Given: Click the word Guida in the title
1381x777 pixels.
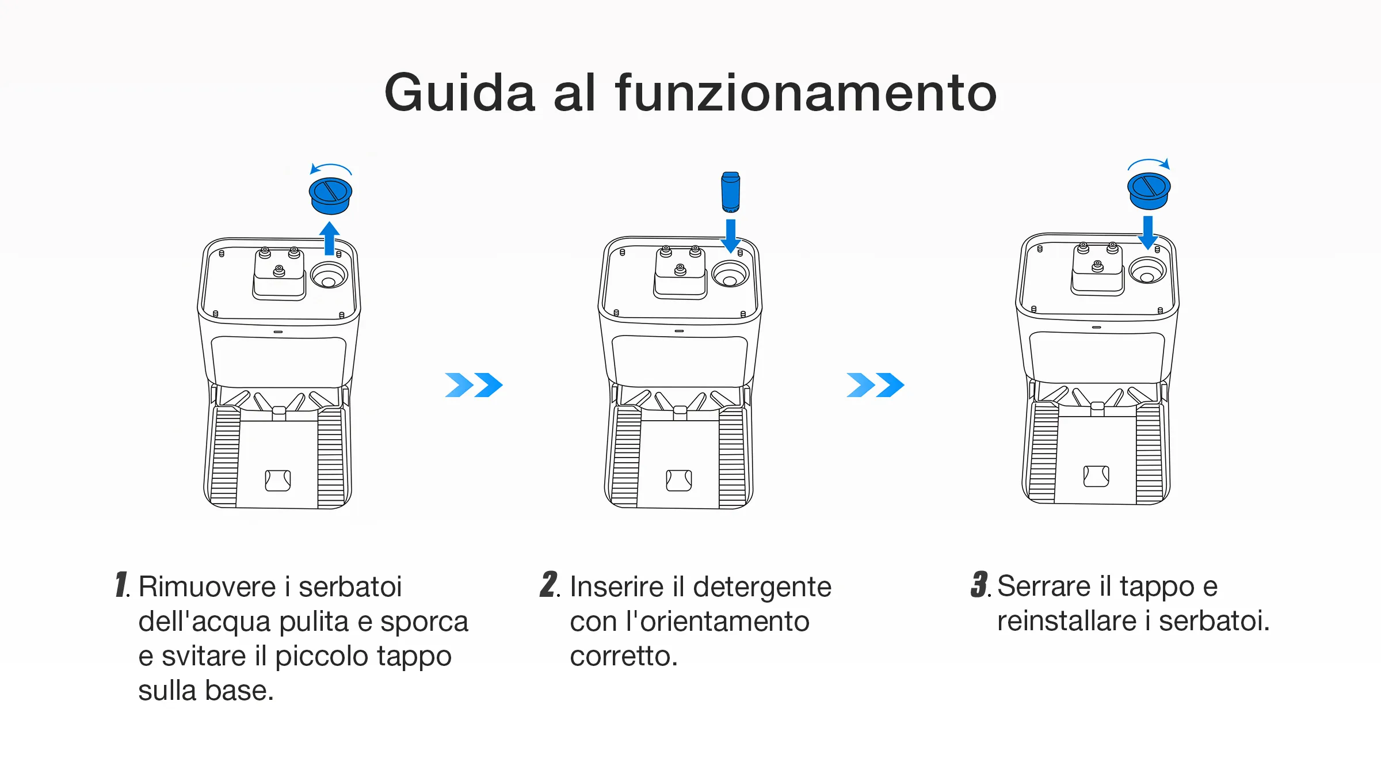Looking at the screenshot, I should (x=459, y=93).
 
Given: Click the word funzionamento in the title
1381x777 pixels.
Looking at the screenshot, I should (x=806, y=93).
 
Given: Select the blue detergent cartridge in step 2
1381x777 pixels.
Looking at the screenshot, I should (x=731, y=192).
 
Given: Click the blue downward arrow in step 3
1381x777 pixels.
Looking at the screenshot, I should (x=1148, y=232).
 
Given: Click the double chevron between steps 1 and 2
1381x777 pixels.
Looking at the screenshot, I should (x=474, y=385).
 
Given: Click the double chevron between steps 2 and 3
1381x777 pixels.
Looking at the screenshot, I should (x=875, y=385).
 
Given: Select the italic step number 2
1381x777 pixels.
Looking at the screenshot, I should (x=549, y=585).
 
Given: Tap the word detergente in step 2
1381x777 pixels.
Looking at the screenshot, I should (x=762, y=587).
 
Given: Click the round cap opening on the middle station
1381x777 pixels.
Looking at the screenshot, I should (x=730, y=274).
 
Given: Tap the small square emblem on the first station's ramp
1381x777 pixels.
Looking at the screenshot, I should (x=278, y=480).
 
